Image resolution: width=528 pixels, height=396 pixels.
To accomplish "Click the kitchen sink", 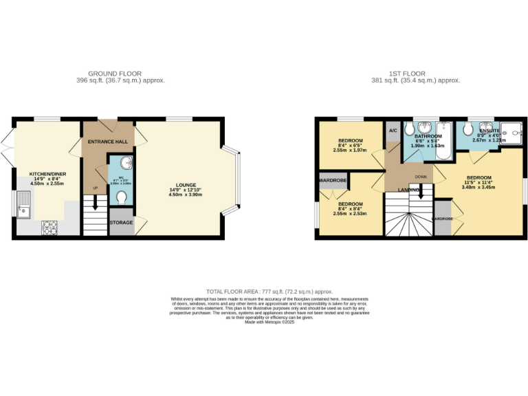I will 24,204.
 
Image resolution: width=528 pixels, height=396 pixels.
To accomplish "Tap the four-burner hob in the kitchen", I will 51,226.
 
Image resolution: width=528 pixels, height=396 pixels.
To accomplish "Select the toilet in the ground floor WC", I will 122,198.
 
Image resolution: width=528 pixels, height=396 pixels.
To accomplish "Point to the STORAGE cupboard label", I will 121,221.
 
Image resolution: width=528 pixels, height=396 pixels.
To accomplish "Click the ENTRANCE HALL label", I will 107,142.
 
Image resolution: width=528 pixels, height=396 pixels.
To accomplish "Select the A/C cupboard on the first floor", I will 393,131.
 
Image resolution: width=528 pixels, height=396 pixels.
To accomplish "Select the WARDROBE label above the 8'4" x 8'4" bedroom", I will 333,181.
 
